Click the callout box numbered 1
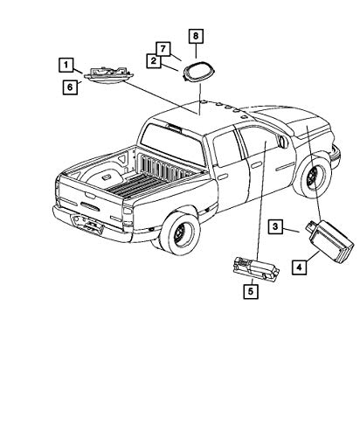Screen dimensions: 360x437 tap(66, 65)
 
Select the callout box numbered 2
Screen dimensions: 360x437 tap(154, 61)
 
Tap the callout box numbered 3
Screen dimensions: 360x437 tap(275, 226)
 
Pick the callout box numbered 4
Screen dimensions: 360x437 tap(299, 267)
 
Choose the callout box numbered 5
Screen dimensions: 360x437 tap(251, 291)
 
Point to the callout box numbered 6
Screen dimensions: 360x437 tap(70, 87)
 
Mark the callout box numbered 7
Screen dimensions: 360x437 tap(163, 49)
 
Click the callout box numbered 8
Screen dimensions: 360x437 tap(196, 36)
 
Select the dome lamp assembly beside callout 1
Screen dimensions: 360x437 tap(108, 76)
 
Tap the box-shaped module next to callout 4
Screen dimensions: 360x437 tap(330, 241)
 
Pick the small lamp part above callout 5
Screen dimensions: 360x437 tap(256, 269)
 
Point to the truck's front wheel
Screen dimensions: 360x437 tap(313, 177)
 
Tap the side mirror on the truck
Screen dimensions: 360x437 tap(283, 142)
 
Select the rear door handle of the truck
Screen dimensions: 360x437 tap(223, 177)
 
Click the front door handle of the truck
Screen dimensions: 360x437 tap(256, 165)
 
